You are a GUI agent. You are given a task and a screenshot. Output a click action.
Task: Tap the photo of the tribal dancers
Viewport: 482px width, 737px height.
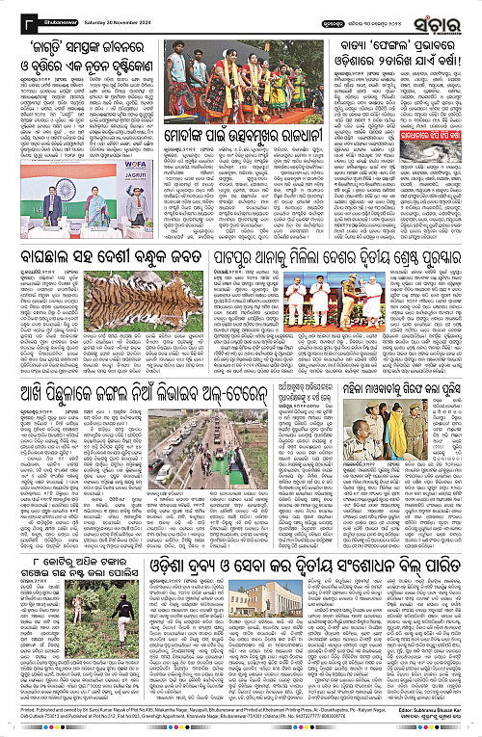[227, 69]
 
